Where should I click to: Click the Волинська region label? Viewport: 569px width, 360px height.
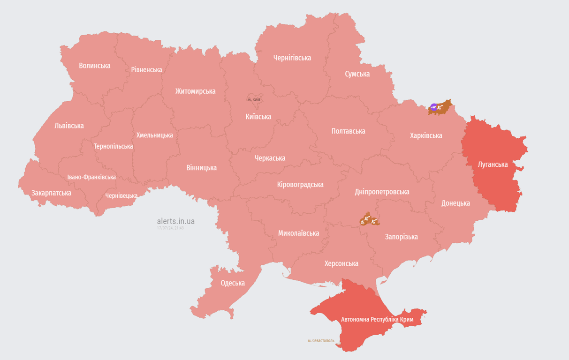pyautogui.click(x=94, y=66)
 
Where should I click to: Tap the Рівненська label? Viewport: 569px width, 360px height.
pyautogui.click(x=146, y=70)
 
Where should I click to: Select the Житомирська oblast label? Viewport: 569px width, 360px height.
pyautogui.click(x=195, y=91)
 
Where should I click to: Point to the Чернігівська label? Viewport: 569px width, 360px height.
pyautogui.click(x=292, y=58)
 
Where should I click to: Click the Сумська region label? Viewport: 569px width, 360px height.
pyautogui.click(x=357, y=74)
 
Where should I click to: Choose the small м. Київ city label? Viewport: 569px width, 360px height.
pyautogui.click(x=254, y=99)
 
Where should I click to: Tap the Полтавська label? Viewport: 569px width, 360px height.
pyautogui.click(x=348, y=131)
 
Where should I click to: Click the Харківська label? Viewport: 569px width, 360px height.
pyautogui.click(x=425, y=136)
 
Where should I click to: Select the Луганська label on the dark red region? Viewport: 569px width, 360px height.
pyautogui.click(x=493, y=165)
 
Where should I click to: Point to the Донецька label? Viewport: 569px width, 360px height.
pyautogui.click(x=455, y=203)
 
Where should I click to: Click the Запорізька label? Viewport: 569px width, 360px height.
pyautogui.click(x=401, y=237)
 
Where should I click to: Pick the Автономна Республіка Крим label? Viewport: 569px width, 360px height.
pyautogui.click(x=377, y=319)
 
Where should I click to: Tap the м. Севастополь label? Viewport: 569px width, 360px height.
pyautogui.click(x=321, y=341)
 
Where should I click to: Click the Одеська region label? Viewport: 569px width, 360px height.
pyautogui.click(x=233, y=283)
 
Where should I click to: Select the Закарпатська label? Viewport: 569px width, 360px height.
pyautogui.click(x=51, y=193)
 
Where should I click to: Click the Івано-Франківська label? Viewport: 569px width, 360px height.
pyautogui.click(x=91, y=177)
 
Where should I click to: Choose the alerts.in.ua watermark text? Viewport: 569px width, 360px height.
pyautogui.click(x=175, y=221)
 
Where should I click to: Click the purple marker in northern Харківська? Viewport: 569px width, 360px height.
pyautogui.click(x=433, y=107)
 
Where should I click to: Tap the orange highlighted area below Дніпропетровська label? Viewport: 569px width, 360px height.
pyautogui.click(x=369, y=219)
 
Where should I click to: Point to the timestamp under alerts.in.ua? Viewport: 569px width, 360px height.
pyautogui.click(x=170, y=228)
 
